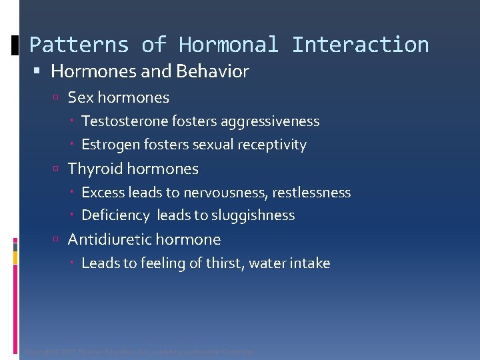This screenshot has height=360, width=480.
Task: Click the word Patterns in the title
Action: point(79,45)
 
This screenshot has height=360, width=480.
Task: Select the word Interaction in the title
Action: point(360,45)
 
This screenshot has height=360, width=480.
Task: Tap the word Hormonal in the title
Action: point(229,45)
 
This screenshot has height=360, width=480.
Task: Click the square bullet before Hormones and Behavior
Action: point(42,71)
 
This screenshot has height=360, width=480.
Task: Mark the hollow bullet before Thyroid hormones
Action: point(59,169)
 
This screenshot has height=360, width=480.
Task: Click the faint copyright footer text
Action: point(139,351)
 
